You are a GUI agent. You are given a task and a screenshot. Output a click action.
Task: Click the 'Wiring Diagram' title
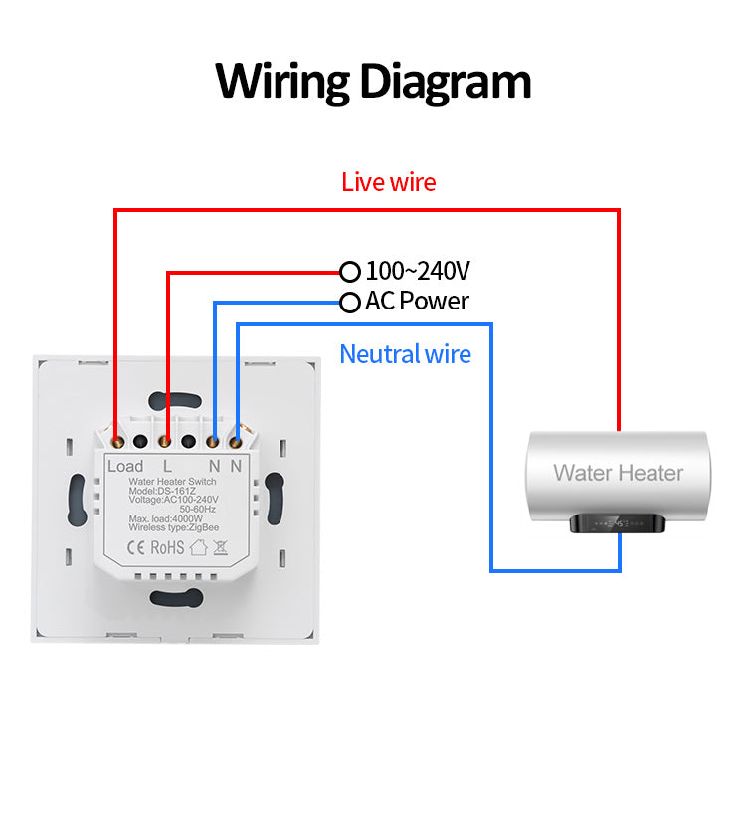tap(373, 81)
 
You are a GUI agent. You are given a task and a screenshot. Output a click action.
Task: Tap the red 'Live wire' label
tap(388, 182)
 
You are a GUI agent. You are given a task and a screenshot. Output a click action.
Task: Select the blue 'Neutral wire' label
tap(405, 354)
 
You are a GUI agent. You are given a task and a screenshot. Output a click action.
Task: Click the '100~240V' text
tap(418, 271)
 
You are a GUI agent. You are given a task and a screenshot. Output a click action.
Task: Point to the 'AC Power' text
tap(417, 301)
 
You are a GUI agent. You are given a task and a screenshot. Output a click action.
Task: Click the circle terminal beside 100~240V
tap(349, 271)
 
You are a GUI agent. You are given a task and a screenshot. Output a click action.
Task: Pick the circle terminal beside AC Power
tap(349, 302)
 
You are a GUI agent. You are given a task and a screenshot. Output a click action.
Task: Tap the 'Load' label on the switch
tap(125, 466)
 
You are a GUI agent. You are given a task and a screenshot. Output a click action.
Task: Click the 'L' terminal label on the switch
tap(167, 466)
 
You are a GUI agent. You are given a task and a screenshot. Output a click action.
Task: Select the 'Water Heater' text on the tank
tap(618, 473)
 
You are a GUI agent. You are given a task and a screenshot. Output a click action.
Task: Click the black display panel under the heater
tap(619, 523)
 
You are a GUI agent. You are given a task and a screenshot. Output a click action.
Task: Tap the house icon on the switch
tap(197, 545)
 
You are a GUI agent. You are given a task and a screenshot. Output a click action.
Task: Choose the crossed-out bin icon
tap(221, 545)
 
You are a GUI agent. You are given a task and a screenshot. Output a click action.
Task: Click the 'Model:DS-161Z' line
tap(163, 491)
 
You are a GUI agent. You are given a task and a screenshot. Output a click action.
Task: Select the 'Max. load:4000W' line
tap(166, 518)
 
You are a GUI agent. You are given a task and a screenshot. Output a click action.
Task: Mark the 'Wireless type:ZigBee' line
tap(173, 527)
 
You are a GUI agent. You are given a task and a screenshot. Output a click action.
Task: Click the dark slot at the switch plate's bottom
tap(175, 597)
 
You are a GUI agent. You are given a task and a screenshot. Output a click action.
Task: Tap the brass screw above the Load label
tap(118, 439)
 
